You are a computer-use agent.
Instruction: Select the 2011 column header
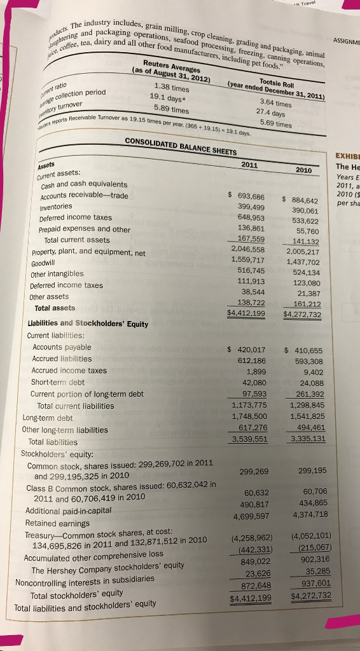point(250,163)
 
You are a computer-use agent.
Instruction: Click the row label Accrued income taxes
point(69,371)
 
